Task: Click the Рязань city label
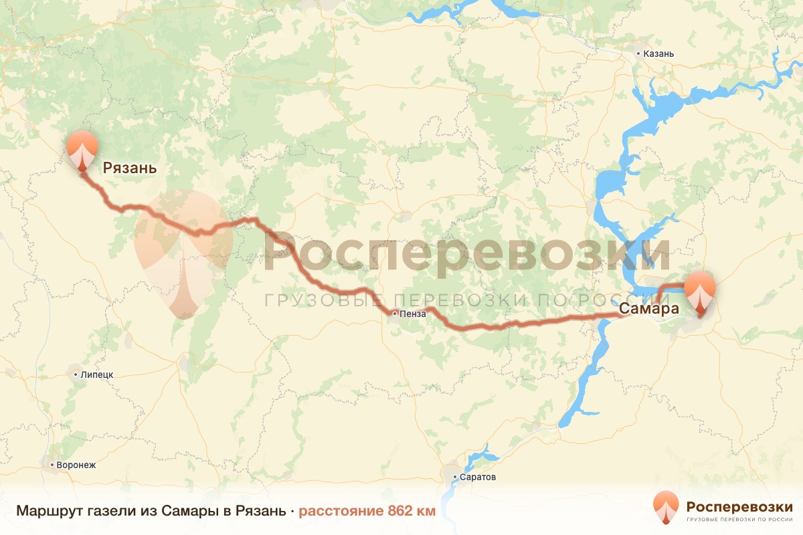coord(130,168)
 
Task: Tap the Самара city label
coord(648,309)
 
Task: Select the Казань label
coord(659,53)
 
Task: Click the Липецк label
coord(96,374)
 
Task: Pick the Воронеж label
coord(78,464)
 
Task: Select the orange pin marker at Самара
coord(701,289)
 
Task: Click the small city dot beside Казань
coord(638,53)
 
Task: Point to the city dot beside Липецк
coord(76,374)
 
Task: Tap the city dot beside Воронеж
coord(52,464)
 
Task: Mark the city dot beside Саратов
coord(455,477)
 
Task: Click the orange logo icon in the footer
coord(666,508)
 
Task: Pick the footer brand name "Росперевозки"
coord(739,506)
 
